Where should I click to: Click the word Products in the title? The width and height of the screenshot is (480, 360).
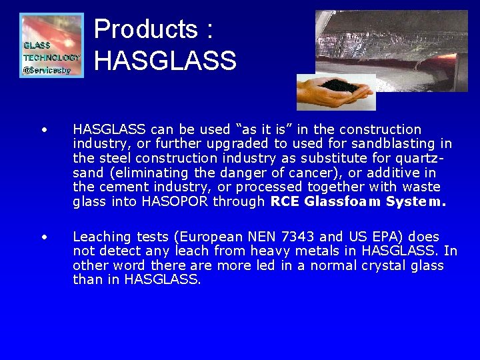tap(146, 29)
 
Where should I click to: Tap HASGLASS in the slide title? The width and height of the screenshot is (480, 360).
tap(165, 61)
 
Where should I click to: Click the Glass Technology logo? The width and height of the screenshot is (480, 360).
tap(52, 45)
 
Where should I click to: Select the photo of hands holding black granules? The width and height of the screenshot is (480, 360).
tap(336, 91)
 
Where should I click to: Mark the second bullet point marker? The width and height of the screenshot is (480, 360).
tap(43, 237)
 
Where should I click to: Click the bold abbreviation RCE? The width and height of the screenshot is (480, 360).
tap(285, 202)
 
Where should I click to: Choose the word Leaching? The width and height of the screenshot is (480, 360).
tap(101, 237)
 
